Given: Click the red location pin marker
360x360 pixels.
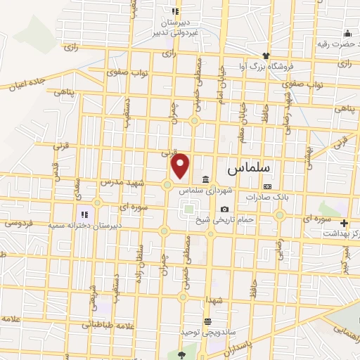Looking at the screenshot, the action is click(181, 165).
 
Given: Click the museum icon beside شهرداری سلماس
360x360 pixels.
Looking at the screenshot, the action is click(205, 179).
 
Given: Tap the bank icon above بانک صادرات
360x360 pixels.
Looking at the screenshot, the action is click(267, 186).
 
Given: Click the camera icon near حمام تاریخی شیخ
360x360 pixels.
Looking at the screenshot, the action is click(224, 209).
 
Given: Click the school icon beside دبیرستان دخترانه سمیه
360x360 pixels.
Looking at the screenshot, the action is click(84, 214).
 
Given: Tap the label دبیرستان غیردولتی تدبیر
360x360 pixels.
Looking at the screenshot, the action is click(176, 27).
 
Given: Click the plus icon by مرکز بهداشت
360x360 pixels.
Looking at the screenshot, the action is click(344, 223).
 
